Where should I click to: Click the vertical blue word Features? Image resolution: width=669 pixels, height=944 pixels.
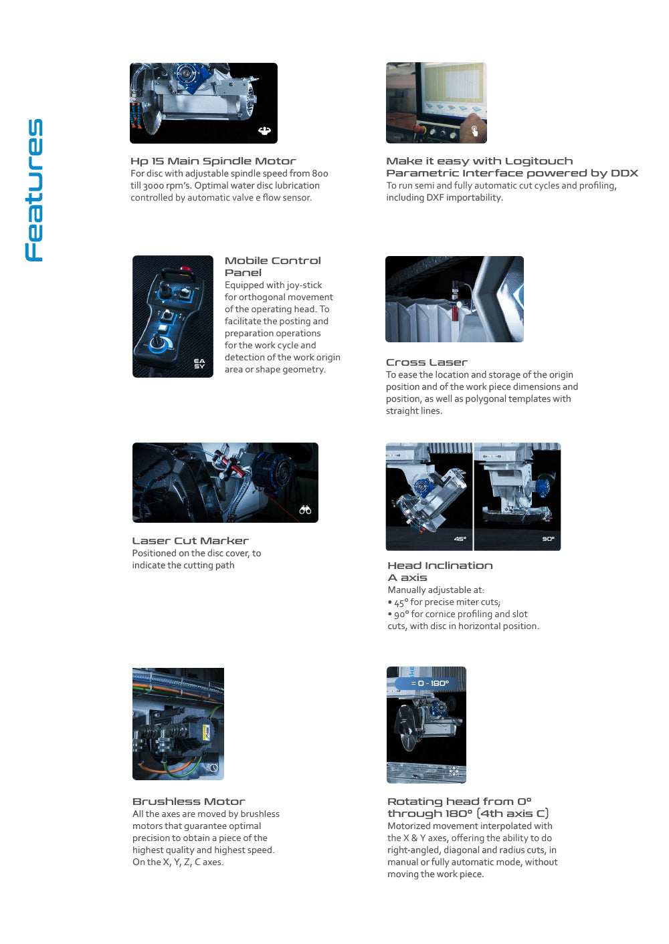tap(34, 190)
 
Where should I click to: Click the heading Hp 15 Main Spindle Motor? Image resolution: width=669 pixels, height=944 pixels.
tap(213, 161)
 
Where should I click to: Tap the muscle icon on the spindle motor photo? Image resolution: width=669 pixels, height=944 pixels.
tap(264, 131)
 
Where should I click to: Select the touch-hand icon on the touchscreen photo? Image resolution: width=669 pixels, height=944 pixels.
tap(474, 130)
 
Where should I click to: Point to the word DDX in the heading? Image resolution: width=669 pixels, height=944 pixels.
tap(624, 173)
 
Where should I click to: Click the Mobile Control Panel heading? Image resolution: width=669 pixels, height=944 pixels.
tap(272, 266)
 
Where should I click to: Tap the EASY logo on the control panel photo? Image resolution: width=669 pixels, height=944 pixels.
tap(199, 364)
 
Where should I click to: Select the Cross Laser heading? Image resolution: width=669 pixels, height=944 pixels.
tap(426, 362)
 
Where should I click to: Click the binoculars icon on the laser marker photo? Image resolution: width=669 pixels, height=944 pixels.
tap(305, 510)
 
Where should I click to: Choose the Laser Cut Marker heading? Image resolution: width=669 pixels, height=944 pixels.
tap(190, 541)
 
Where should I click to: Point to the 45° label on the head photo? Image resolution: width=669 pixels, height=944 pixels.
tap(460, 539)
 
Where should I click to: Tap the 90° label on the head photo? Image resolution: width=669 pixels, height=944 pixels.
tap(548, 539)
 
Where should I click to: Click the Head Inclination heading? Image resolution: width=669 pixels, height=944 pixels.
tap(440, 566)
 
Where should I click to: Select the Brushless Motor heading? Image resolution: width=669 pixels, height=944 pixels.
tap(189, 802)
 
